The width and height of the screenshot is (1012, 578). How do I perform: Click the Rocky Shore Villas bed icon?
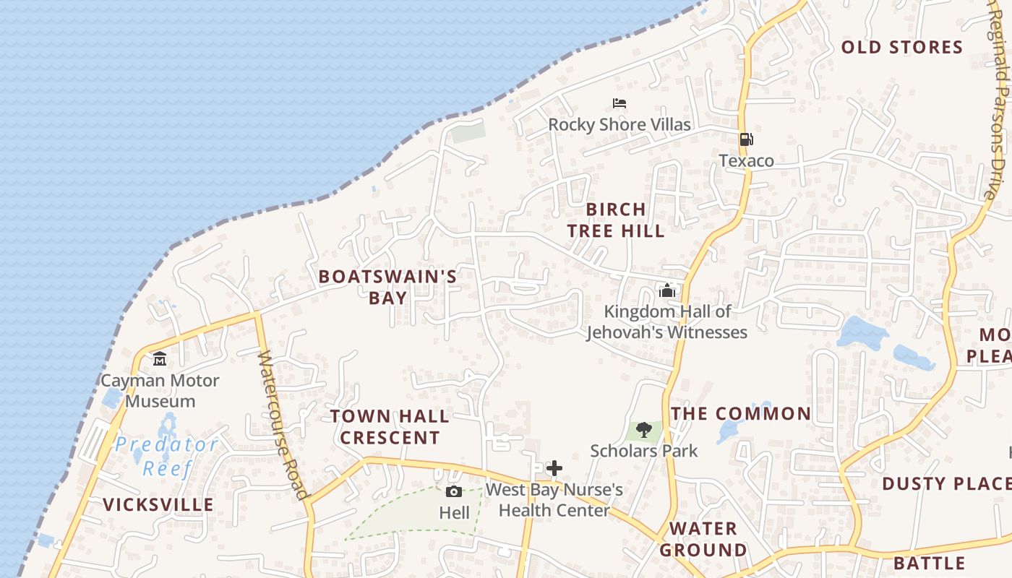click(619, 103)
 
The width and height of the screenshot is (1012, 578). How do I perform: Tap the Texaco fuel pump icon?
click(746, 139)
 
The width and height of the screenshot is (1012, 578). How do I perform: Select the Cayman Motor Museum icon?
click(160, 358)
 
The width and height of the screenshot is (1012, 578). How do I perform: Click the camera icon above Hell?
click(454, 492)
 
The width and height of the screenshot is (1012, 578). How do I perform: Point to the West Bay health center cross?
click(554, 468)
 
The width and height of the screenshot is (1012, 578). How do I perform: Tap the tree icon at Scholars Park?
click(644, 431)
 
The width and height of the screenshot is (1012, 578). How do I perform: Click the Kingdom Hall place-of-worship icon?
click(667, 290)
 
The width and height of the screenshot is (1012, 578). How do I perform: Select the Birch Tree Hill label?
click(616, 220)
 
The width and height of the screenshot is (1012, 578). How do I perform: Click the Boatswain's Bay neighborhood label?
click(387, 287)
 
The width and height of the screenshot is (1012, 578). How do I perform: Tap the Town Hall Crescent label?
click(390, 427)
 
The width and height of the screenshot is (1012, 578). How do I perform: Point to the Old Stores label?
click(902, 48)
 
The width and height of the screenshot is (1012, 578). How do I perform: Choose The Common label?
click(741, 414)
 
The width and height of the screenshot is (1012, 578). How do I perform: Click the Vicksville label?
click(158, 504)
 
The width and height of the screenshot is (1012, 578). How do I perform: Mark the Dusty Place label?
click(945, 483)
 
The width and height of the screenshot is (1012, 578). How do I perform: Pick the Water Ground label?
click(703, 539)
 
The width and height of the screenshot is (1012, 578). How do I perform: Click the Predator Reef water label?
click(166, 456)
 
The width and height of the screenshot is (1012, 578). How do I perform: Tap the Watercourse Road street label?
click(283, 425)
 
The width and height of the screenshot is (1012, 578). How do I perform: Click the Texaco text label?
click(746, 160)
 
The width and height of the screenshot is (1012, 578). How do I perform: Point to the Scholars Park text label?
click(644, 451)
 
